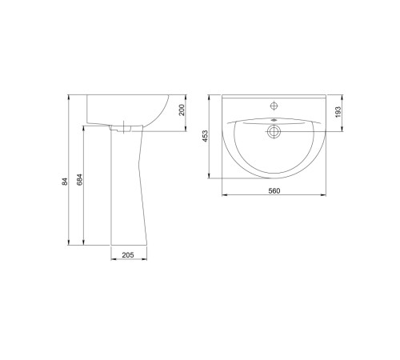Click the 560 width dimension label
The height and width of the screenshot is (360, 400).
click(x=274, y=191)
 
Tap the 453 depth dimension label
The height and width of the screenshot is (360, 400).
click(x=205, y=136)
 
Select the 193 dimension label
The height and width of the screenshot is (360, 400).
click(x=338, y=112)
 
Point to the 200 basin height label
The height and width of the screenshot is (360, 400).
click(x=182, y=110)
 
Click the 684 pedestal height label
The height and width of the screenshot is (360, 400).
click(x=79, y=179)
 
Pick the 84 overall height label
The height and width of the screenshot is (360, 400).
click(x=65, y=182)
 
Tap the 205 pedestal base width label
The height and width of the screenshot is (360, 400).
click(x=128, y=255)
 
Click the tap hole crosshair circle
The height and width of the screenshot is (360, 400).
click(x=274, y=106)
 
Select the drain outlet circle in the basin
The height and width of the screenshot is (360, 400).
click(x=274, y=131)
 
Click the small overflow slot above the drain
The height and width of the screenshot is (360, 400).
click(x=274, y=120)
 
